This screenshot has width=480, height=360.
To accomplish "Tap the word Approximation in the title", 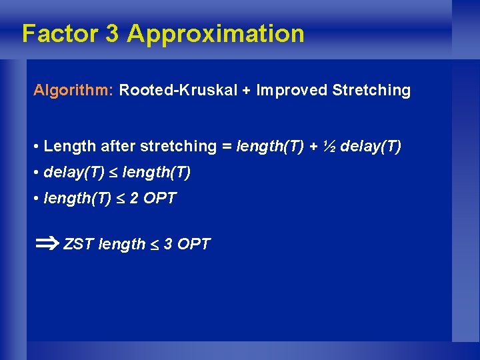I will (215, 33).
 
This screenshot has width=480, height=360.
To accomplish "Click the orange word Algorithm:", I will (73, 91).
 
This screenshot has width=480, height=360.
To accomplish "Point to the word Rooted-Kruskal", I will (177, 91).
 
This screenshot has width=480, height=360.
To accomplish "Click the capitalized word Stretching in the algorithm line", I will (371, 91).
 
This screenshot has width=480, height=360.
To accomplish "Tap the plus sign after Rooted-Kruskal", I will (246, 91).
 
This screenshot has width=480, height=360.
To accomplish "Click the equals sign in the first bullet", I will (227, 146).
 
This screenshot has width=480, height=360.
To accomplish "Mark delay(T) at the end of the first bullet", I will (371, 146).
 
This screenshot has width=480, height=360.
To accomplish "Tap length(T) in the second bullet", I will (156, 173).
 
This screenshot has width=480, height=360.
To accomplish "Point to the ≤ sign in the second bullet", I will (113, 173).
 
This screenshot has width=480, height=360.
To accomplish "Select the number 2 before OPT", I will (135, 199).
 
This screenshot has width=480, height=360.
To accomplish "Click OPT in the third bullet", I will (160, 199).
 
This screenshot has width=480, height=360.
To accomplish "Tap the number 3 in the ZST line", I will (168, 245).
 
